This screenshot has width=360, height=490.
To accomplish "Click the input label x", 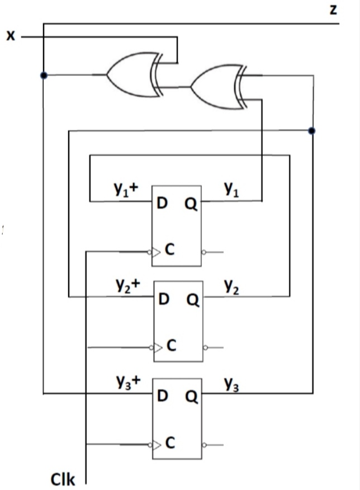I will (x=10, y=36).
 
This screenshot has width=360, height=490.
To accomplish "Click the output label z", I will (x=334, y=10).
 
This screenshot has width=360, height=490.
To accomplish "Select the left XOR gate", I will (x=132, y=74).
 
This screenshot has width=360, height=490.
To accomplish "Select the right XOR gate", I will (x=215, y=87).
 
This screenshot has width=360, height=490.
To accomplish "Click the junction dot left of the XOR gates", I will (x=43, y=75).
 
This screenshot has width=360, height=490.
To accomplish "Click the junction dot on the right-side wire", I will (x=311, y=131).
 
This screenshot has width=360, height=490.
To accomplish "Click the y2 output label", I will (x=232, y=285).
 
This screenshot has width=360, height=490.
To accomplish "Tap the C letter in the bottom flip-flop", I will (x=170, y=444).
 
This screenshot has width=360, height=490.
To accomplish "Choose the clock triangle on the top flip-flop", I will (x=157, y=252).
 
